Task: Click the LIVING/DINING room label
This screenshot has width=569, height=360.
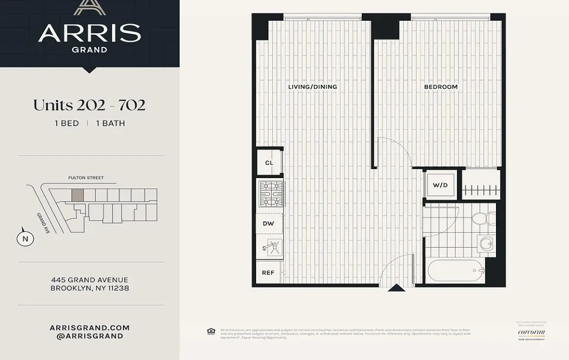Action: click(x=312, y=87)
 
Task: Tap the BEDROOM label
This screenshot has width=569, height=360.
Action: click(x=441, y=87)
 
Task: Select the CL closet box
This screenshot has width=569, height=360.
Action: click(x=269, y=163)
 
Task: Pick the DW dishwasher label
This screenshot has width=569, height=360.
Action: click(x=268, y=223)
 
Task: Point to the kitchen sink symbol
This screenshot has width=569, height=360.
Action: click(x=270, y=247)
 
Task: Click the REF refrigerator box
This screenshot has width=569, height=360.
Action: click(x=268, y=272)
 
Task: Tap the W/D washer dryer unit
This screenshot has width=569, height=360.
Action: click(x=440, y=185)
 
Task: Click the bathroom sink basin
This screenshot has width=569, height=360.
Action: click(x=486, y=243)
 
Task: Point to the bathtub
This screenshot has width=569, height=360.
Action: click(x=456, y=271)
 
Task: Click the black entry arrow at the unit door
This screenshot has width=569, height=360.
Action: click(x=396, y=288)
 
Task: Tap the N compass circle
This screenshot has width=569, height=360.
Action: click(x=25, y=239)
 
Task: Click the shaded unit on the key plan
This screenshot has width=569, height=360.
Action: click(x=77, y=195)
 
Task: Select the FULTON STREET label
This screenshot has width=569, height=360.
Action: click(x=86, y=178)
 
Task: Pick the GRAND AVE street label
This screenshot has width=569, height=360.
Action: click(x=43, y=223)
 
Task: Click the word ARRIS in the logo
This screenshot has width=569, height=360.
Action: click(x=89, y=33)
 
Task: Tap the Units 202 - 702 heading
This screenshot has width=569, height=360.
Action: click(x=89, y=105)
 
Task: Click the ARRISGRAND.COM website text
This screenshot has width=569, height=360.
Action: click(x=90, y=327)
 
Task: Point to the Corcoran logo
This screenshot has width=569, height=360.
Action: click(x=531, y=332)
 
